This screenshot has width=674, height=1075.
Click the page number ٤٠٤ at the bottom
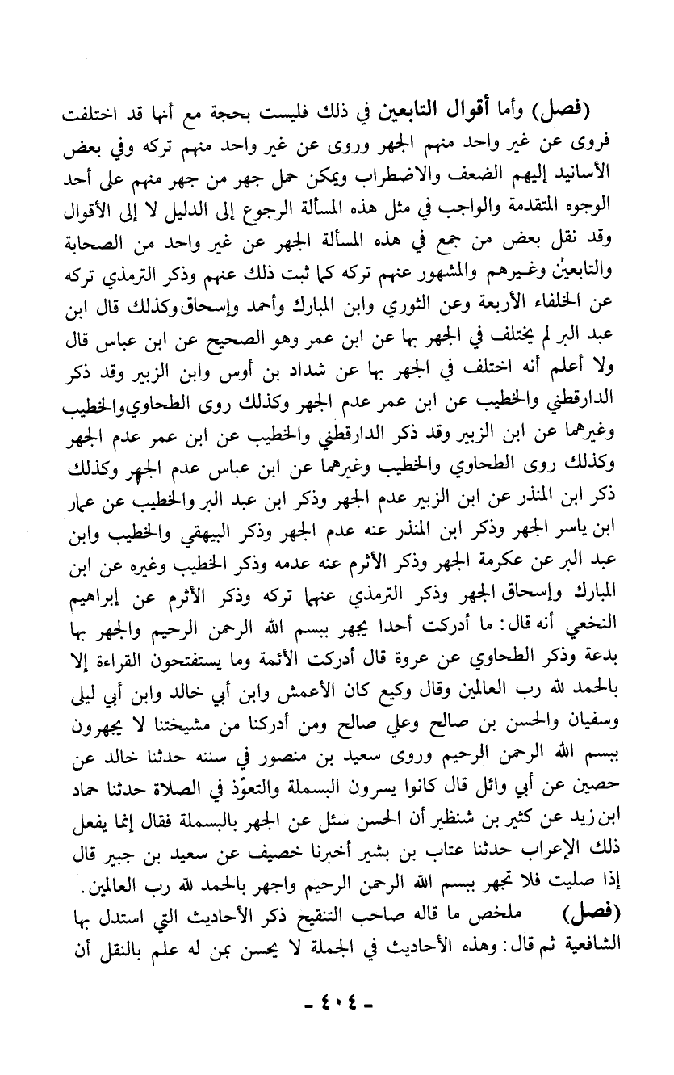[337, 1005]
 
